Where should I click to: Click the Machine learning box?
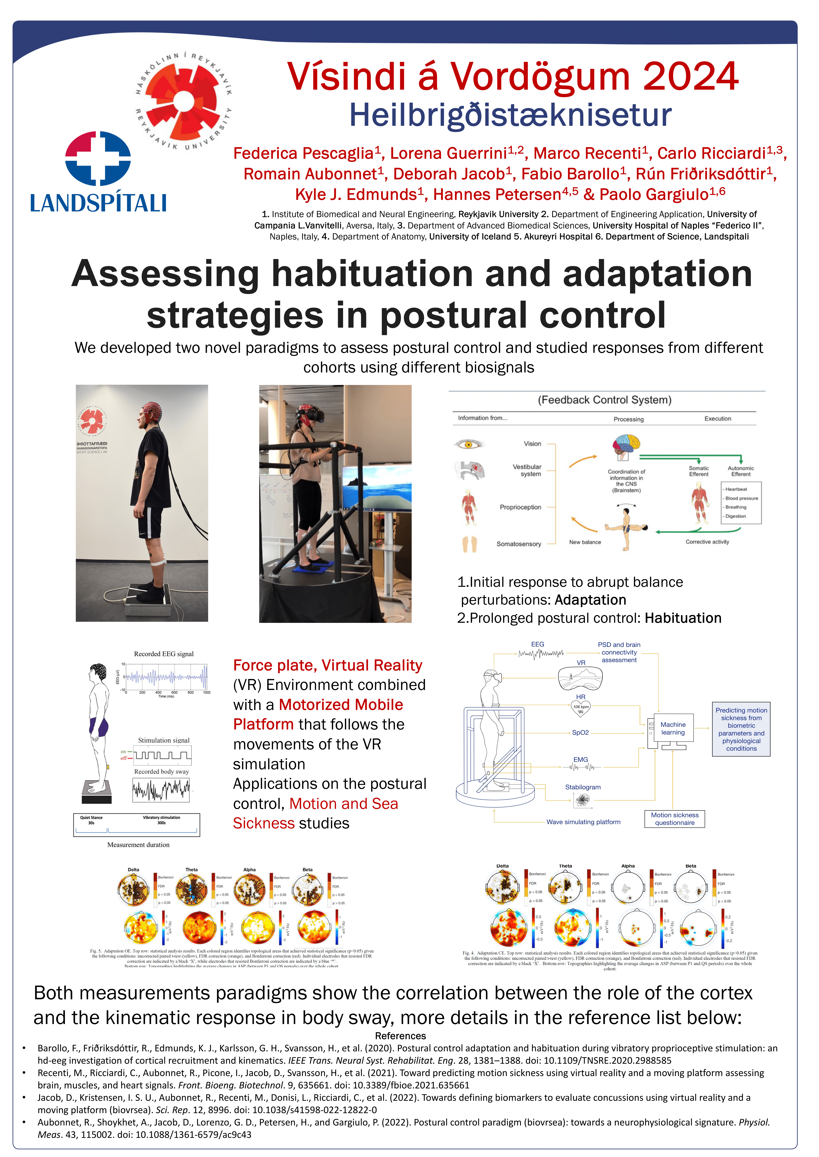(x=673, y=728)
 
